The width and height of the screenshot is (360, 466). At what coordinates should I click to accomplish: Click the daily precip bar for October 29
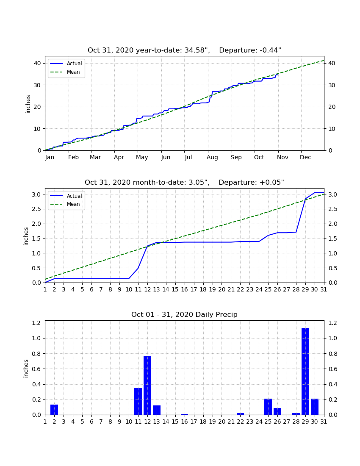(x=305, y=371)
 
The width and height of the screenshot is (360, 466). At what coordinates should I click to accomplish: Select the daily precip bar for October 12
(x=147, y=386)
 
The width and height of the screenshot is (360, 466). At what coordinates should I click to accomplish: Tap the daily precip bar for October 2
(x=54, y=410)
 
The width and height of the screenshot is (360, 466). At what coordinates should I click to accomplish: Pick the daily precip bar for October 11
(x=138, y=401)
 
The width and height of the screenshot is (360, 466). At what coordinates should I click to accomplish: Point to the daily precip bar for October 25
(x=268, y=407)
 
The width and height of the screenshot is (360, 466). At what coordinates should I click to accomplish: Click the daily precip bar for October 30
(x=315, y=407)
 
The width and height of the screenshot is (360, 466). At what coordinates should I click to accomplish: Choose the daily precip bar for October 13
(x=157, y=410)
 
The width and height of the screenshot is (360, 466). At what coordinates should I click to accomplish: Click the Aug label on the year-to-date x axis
(x=212, y=158)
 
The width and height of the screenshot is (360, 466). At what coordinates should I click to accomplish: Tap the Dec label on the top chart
(x=305, y=157)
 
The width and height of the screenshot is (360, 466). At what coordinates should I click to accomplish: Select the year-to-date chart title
(x=184, y=50)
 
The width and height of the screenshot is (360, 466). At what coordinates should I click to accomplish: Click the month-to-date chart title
(x=184, y=182)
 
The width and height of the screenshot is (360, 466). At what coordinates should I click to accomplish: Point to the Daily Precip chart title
(x=184, y=314)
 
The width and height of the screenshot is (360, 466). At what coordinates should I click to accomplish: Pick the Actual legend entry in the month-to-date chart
(x=66, y=196)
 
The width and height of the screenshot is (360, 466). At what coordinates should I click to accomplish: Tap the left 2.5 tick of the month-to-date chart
(x=36, y=209)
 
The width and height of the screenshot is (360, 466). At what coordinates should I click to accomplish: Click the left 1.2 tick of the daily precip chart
(x=36, y=323)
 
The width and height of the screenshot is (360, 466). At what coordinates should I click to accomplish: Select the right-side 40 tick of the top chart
(x=332, y=63)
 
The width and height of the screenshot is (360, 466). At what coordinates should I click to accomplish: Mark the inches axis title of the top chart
(x=28, y=104)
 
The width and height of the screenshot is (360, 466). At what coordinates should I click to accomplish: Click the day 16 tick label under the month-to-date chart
(x=185, y=289)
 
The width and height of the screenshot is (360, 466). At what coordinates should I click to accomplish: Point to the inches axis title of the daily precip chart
(x=26, y=369)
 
